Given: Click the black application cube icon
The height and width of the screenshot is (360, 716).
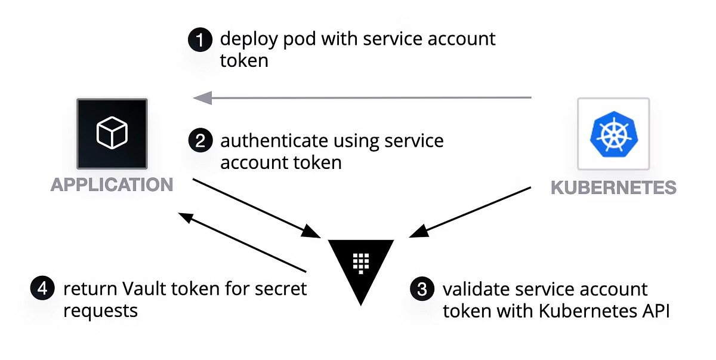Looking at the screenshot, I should pos(112,133).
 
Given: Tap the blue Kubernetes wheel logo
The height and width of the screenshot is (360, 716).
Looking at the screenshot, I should pos(613,134).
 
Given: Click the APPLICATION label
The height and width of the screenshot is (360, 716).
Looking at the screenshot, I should pos(112,184).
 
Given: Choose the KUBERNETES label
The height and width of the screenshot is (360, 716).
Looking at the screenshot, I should pos(613,187).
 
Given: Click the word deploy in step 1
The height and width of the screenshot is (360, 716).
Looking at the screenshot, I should pos(248,40).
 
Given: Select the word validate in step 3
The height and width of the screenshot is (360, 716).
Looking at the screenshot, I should pos(467,290).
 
